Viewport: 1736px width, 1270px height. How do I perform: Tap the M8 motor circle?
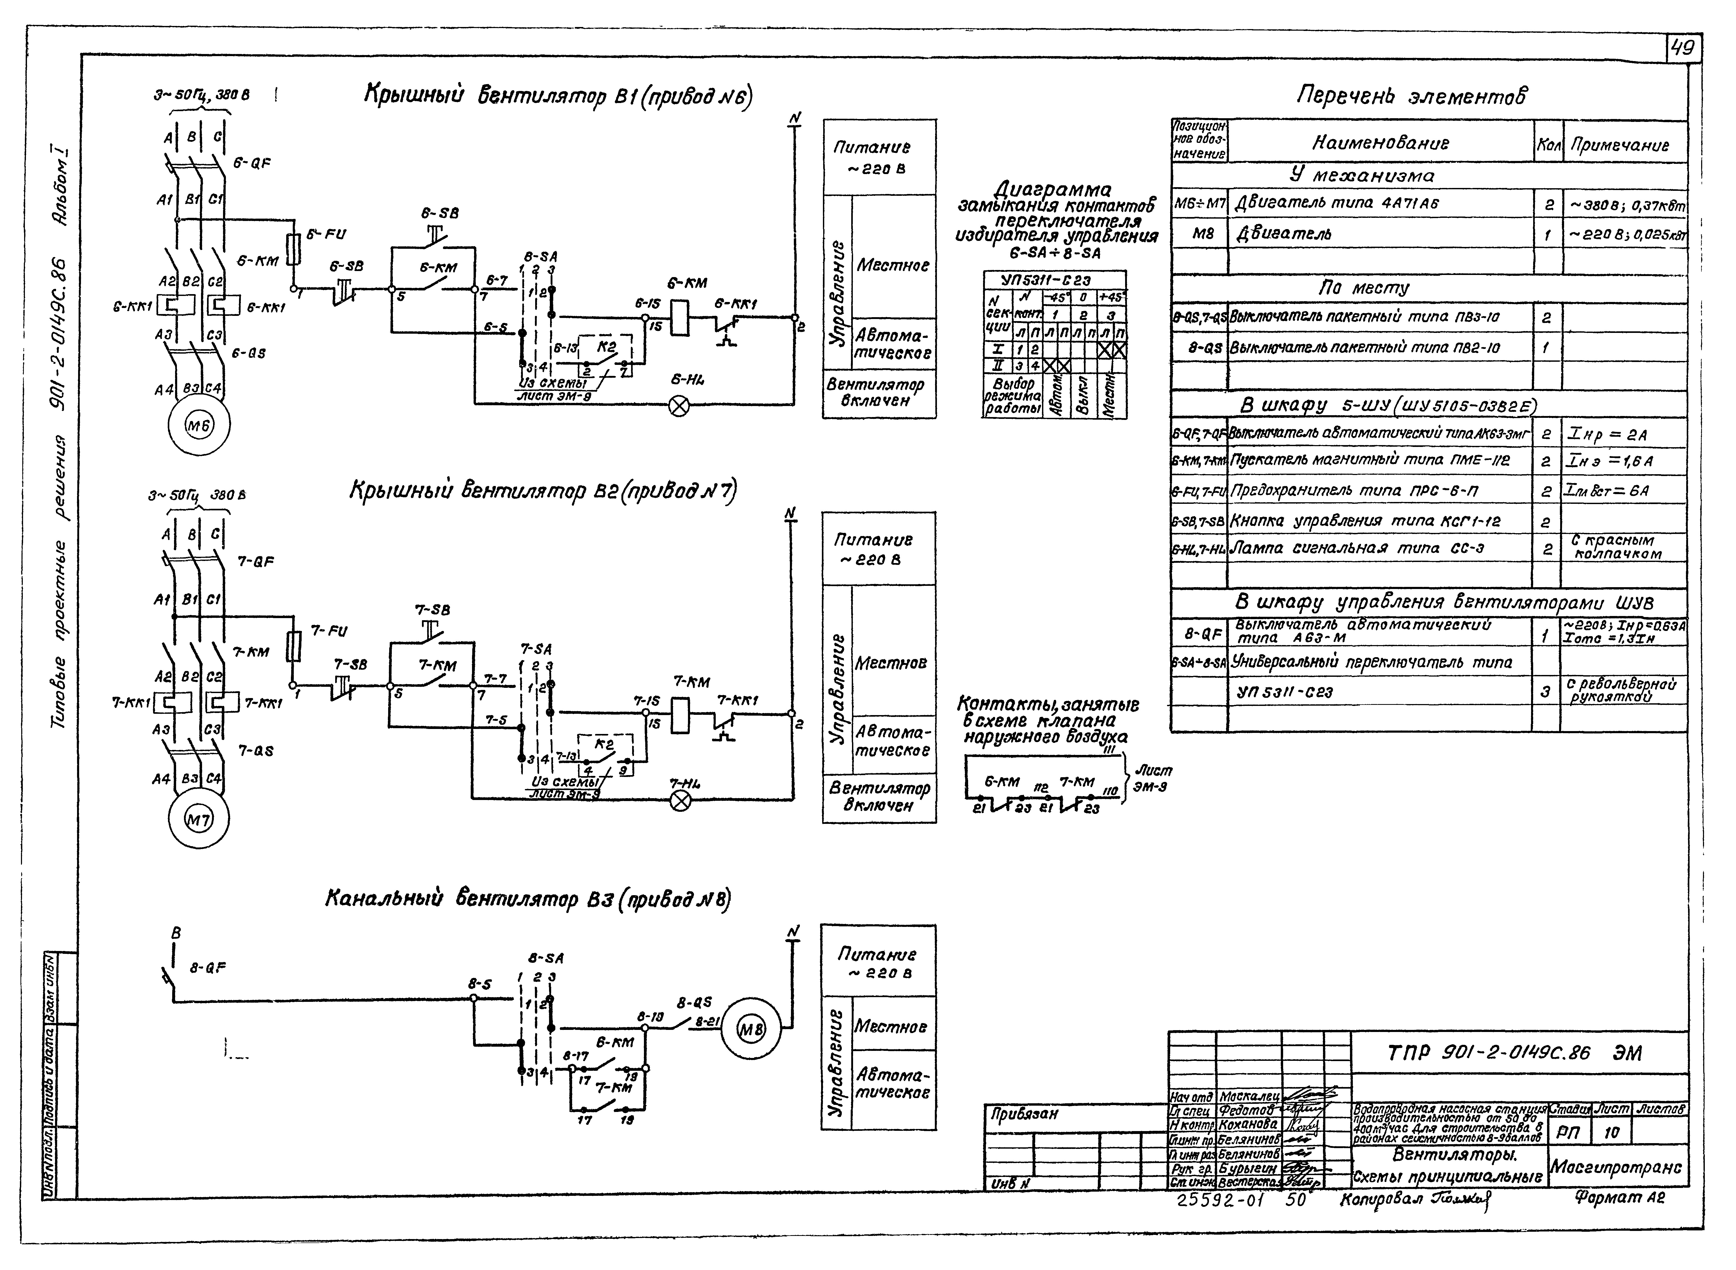[752, 1029]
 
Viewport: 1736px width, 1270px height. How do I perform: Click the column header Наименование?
[1380, 143]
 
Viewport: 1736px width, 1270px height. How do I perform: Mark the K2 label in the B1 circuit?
[606, 346]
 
